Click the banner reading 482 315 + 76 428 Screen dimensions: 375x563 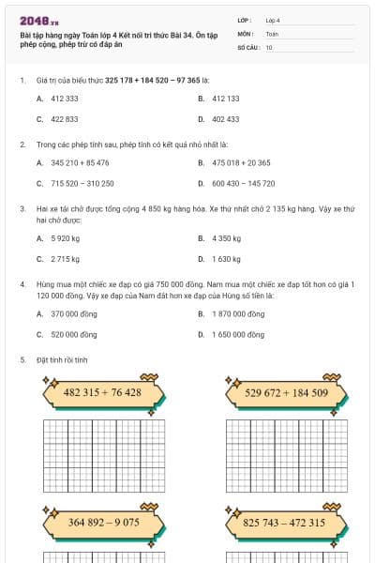(102, 392)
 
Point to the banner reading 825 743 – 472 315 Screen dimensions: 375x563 (284, 522)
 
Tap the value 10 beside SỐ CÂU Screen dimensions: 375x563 (270, 47)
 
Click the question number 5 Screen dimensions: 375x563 (22, 359)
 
